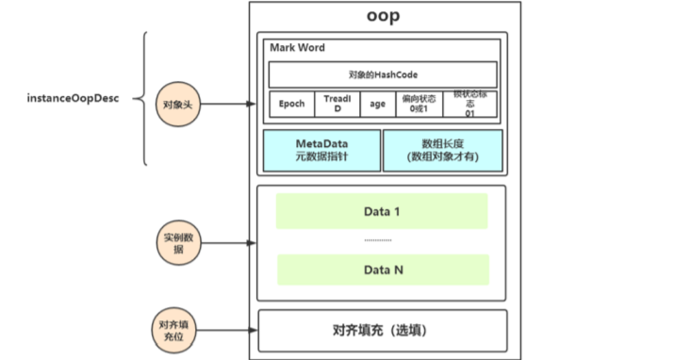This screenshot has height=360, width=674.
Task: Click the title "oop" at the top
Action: point(382,16)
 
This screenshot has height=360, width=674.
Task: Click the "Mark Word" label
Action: point(295,47)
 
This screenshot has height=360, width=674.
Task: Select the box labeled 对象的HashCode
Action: point(382,74)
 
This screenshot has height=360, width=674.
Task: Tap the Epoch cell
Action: point(291,104)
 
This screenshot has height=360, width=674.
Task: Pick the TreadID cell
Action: point(337,104)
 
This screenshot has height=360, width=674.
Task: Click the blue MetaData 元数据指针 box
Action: point(321,149)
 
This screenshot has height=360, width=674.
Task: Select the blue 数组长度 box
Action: point(442,149)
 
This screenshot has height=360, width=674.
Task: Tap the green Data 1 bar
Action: point(382,211)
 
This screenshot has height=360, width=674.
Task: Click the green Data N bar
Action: point(382,270)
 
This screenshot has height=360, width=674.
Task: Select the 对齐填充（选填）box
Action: point(382,331)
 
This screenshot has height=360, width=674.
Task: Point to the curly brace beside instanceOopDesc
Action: point(143,98)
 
